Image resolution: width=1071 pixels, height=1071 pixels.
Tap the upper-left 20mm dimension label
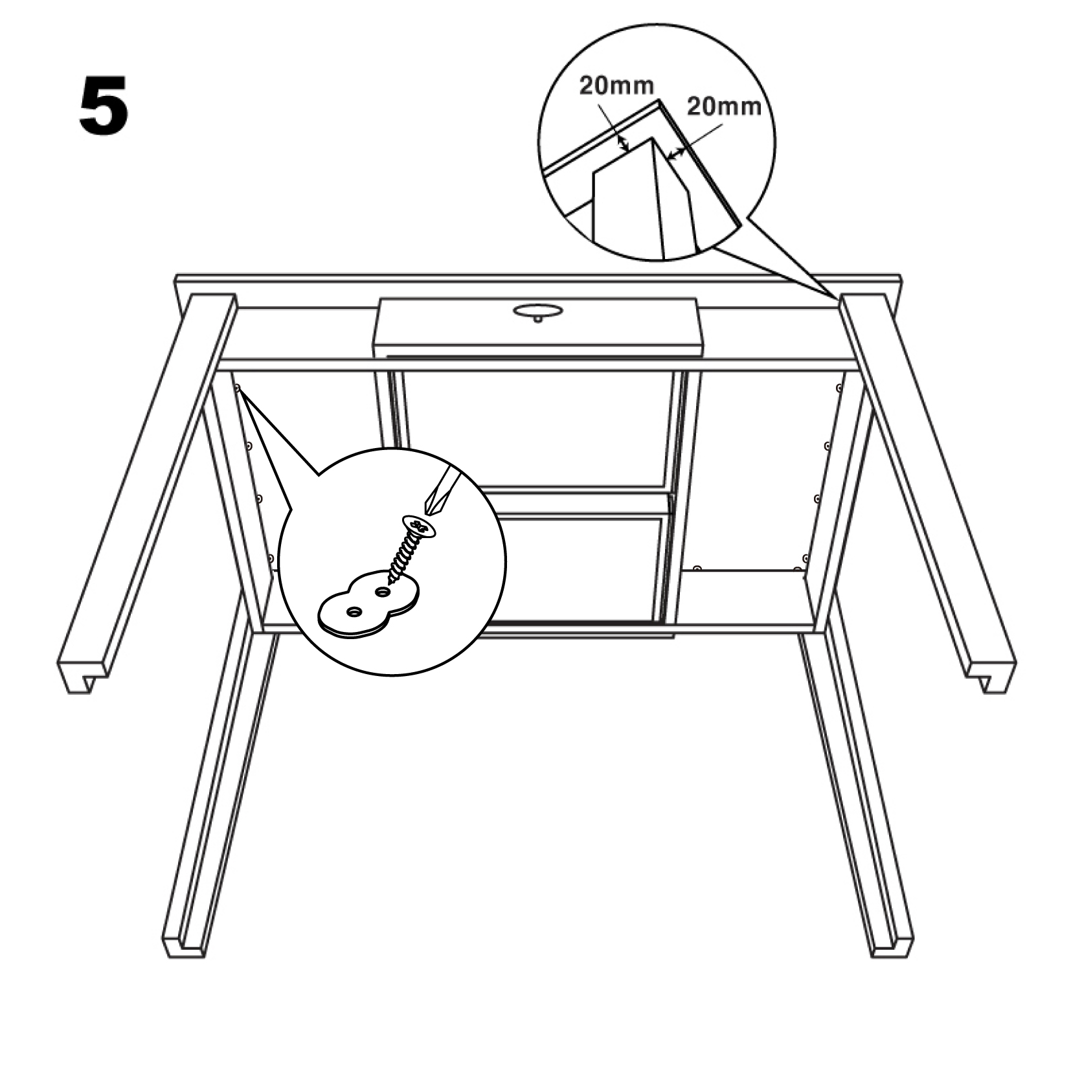click(616, 85)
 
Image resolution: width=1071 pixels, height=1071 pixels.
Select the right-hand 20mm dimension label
click(724, 106)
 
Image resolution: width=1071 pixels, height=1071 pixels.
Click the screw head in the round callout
click(419, 526)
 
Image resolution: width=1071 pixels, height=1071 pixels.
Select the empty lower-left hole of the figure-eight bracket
click(354, 611)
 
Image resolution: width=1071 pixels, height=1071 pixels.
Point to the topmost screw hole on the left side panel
click(238, 389)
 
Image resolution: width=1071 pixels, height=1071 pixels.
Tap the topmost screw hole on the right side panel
click(839, 389)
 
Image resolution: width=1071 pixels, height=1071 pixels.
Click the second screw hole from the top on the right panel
click(827, 445)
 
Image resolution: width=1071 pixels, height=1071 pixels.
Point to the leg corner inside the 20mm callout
click(652, 139)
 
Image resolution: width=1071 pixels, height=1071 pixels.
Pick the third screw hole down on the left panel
click(259, 499)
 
